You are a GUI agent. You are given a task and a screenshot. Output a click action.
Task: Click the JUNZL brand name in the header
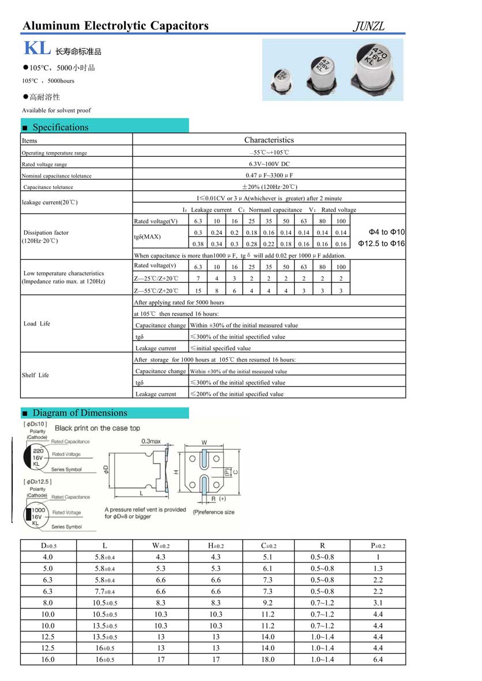pos(368,27)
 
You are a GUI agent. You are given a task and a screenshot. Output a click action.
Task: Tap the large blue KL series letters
pos(36,49)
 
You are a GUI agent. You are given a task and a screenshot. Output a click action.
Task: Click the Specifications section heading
pos(61,127)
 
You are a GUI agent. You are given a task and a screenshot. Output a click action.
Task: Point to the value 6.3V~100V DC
pos(269,164)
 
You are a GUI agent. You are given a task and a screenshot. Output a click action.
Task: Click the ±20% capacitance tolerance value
pos(269,187)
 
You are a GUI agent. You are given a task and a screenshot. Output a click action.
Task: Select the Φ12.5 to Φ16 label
pos(381,244)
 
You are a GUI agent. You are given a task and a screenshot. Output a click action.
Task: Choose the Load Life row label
pos(37,324)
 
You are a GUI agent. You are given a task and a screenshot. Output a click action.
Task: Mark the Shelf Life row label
pos(35,375)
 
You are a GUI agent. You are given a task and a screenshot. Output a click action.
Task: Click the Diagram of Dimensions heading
pos(80,413)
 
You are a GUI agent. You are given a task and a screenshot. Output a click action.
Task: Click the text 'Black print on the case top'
pos(97,428)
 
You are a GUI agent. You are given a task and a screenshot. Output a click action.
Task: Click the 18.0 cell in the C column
pos(268,660)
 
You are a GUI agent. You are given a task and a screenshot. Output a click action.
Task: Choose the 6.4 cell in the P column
pos(378,660)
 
